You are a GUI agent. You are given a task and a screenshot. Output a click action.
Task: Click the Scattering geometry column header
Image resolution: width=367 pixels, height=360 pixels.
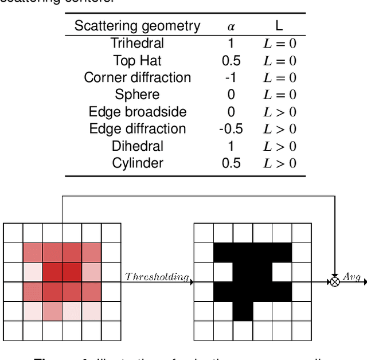coord(137,26)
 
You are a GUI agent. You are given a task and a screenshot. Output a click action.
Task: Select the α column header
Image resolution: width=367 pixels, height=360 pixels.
coord(231,26)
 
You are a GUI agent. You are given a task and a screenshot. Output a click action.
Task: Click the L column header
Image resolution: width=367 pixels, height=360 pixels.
coord(279,26)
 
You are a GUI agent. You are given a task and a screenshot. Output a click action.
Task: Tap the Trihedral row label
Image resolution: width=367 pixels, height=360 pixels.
coord(137,43)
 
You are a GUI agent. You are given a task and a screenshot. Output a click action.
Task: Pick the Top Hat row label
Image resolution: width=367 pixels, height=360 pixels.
coord(137,60)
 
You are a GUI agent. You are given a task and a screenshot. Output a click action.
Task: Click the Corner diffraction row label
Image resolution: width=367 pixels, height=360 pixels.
coord(137,77)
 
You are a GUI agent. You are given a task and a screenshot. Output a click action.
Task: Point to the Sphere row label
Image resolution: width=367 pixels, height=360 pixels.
coord(137,95)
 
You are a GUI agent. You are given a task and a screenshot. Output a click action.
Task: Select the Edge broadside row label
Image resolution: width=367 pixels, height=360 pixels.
coord(137,112)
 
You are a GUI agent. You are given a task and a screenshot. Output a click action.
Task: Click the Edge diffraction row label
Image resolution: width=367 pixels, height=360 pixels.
coord(137,129)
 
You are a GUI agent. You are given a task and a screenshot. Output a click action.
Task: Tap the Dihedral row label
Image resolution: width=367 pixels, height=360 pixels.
coord(137,146)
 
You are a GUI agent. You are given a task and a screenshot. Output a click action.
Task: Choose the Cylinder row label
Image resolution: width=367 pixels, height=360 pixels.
coord(137,163)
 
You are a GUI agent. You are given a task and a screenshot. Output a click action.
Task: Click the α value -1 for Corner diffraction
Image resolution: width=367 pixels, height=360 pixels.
coord(231,77)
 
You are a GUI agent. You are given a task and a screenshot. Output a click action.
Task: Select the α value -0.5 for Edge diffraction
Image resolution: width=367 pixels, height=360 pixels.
coord(231,129)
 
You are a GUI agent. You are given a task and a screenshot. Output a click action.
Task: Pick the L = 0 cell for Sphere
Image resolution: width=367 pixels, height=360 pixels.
coord(279,95)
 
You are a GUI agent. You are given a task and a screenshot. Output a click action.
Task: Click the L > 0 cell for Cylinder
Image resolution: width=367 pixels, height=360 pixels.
coord(279,163)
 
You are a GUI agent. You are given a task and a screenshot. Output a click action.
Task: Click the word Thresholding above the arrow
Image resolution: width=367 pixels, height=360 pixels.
coord(157,277)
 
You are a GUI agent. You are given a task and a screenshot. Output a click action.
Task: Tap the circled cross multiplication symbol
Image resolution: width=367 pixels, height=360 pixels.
coord(334,282)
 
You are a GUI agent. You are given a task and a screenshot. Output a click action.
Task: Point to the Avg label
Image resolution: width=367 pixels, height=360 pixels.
coord(352,277)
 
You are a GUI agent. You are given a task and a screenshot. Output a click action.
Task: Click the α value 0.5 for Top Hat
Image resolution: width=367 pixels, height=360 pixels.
coord(231,60)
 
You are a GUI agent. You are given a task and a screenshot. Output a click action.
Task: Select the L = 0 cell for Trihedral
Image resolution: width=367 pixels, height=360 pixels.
coord(279,43)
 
